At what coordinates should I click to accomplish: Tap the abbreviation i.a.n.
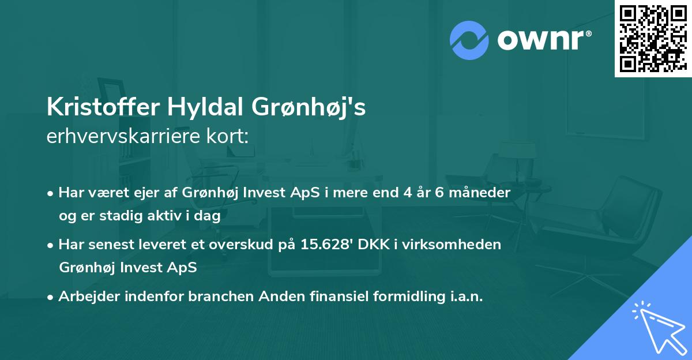(x=464, y=297)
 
